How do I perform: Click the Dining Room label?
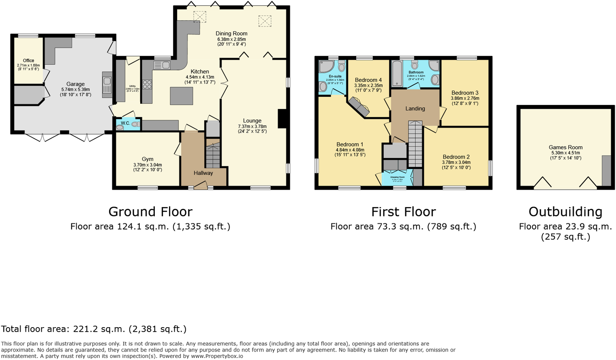231,34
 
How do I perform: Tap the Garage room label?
75,84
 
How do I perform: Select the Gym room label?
148,159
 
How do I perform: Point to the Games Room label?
565,148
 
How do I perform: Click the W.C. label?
125,123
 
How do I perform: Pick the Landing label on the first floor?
415,109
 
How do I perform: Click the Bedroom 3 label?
465,93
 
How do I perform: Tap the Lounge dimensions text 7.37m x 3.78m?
252,126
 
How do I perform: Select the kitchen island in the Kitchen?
182,96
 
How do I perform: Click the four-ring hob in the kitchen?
147,85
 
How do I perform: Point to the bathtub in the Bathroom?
397,74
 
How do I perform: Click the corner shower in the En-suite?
326,66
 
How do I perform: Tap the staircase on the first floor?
415,144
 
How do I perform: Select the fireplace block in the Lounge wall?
282,119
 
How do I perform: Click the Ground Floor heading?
150,212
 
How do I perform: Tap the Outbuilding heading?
565,212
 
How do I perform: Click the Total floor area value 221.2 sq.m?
102,329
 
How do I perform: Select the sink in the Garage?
107,86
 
